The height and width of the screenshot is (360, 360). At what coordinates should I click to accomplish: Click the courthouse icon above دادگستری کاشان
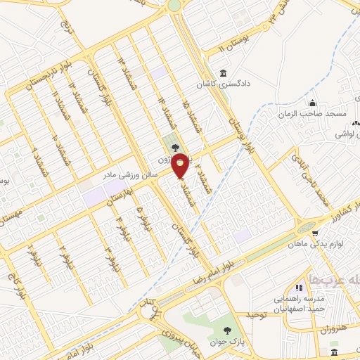coord(223,73)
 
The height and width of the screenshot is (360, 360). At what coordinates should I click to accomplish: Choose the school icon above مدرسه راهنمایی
coord(299,288)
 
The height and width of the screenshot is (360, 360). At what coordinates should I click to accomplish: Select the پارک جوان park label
coord(227,341)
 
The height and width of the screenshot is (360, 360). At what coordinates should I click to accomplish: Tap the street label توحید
coord(258,315)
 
